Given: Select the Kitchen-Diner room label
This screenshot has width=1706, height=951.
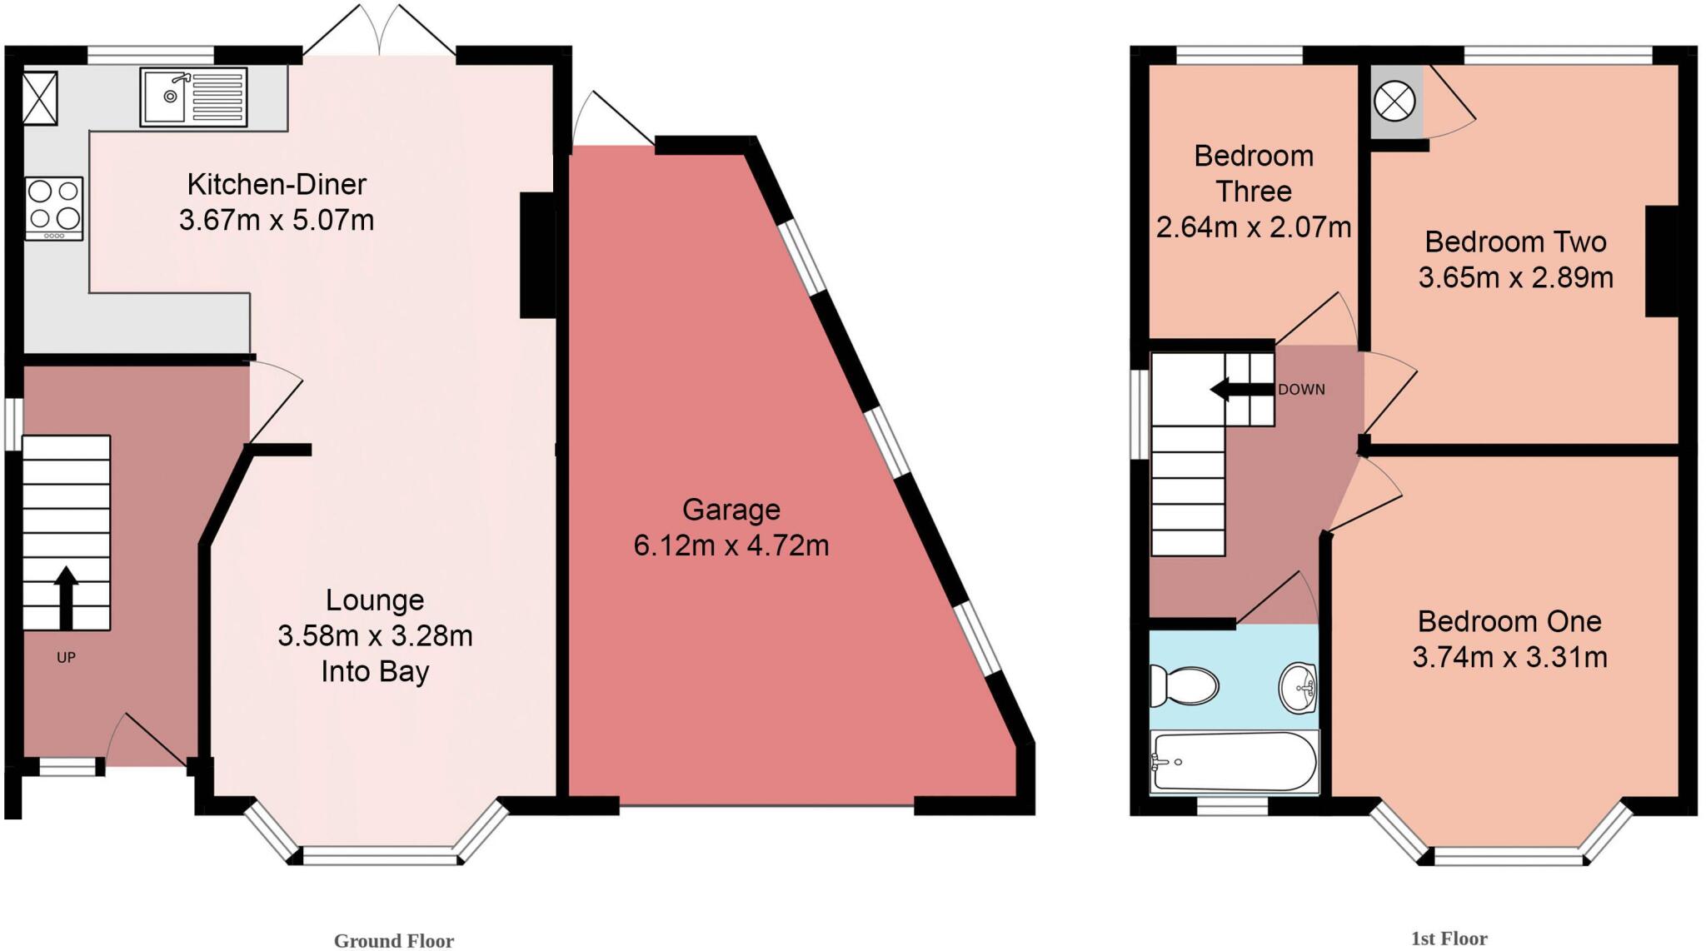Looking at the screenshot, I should pyautogui.click(x=277, y=184).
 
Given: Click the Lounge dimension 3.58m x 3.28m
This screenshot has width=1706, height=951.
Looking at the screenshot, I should pyautogui.click(x=375, y=636).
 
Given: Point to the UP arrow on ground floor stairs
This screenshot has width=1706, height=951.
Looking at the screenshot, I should pyautogui.click(x=66, y=597).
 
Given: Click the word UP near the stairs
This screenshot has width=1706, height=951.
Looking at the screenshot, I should pyautogui.click(x=66, y=658).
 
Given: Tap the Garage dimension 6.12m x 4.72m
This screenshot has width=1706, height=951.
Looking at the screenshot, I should pyautogui.click(x=731, y=545).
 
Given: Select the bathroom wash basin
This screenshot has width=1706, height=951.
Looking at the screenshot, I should pyautogui.click(x=1298, y=687).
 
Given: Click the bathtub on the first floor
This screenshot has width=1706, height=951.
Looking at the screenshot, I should pyautogui.click(x=1234, y=761).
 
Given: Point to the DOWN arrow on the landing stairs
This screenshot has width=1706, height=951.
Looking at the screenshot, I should pyautogui.click(x=1230, y=389).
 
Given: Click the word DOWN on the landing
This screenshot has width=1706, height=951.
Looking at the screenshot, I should pyautogui.click(x=1301, y=390).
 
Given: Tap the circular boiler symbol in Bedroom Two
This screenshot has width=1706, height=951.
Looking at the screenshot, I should pyautogui.click(x=1394, y=103).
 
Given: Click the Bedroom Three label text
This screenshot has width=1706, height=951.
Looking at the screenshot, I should pyautogui.click(x=1254, y=173).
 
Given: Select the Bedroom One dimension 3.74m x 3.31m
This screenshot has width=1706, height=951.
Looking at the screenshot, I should pyautogui.click(x=1509, y=657).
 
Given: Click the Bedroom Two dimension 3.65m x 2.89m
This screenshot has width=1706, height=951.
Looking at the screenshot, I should pyautogui.click(x=1515, y=277).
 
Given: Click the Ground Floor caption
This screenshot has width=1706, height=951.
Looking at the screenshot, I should pyautogui.click(x=393, y=940).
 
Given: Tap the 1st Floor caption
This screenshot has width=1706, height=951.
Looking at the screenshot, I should pyautogui.click(x=1449, y=939).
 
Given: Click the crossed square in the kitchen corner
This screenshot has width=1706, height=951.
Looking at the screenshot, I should pyautogui.click(x=40, y=98).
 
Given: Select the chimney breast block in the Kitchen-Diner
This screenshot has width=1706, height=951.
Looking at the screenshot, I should pyautogui.click(x=537, y=256).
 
